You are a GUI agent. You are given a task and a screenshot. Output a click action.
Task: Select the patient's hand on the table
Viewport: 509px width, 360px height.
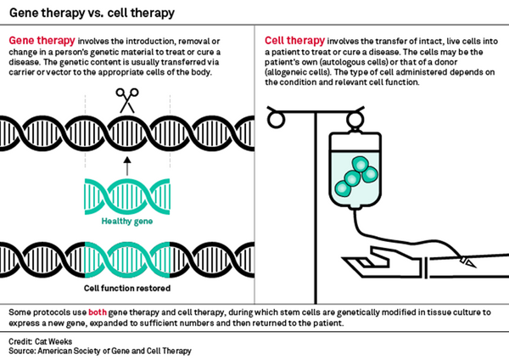pyautogui.click(x=458, y=264)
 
